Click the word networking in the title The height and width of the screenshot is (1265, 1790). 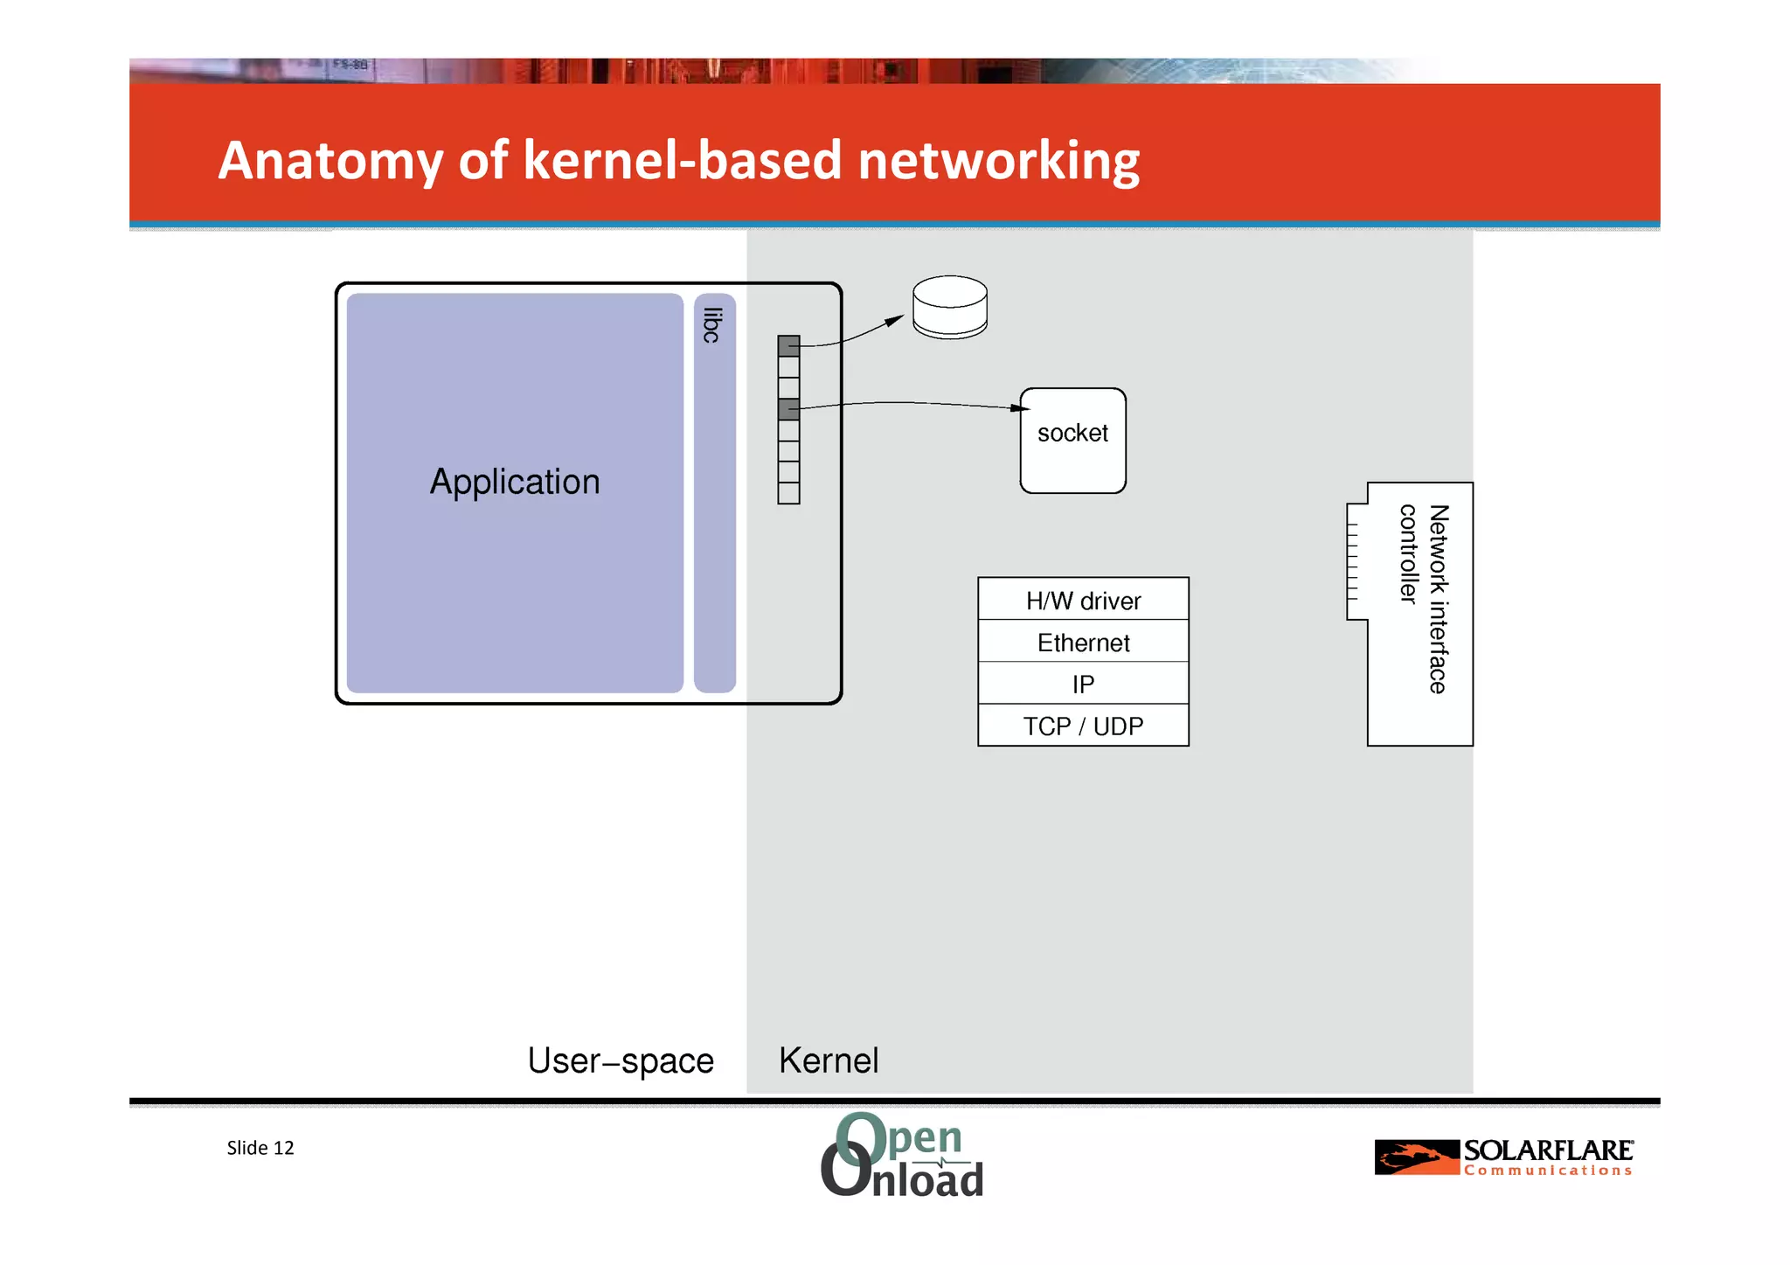tap(998, 162)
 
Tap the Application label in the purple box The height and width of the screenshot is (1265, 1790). tap(515, 482)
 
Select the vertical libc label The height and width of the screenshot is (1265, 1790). tap(712, 325)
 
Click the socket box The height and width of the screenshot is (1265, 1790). tap(1072, 441)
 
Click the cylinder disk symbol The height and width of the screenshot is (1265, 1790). tap(950, 307)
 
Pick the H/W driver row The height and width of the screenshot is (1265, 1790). tap(1083, 601)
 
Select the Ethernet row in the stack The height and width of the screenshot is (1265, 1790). tap(1083, 643)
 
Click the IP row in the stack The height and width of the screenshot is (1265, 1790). tap(1083, 684)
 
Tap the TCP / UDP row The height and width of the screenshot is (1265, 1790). tap(1083, 726)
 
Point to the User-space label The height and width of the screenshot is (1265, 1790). tap(621, 1060)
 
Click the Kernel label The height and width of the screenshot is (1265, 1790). tap(829, 1060)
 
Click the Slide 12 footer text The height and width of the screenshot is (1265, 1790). tap(260, 1148)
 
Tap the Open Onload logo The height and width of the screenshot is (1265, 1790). tap(902, 1155)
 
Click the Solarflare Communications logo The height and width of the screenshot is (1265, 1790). tap(1503, 1157)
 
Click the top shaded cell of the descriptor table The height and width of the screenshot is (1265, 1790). tap(788, 346)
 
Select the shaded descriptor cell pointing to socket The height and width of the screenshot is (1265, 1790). tap(788, 409)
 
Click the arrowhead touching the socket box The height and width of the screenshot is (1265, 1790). tap(1021, 407)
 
